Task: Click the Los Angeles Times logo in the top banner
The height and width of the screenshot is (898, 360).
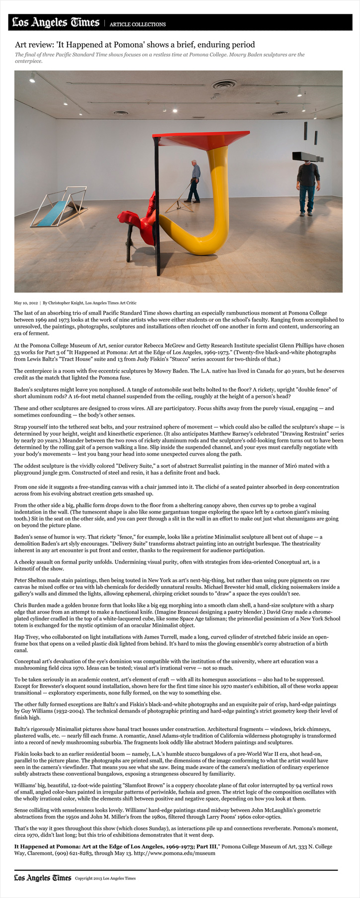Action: click(x=55, y=22)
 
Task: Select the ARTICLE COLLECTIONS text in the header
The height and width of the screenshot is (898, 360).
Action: click(x=138, y=24)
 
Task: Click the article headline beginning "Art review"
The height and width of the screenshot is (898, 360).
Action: click(x=135, y=44)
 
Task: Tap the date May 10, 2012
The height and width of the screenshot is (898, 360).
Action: click(x=26, y=302)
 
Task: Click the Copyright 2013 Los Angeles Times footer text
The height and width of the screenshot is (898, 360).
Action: click(x=105, y=878)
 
